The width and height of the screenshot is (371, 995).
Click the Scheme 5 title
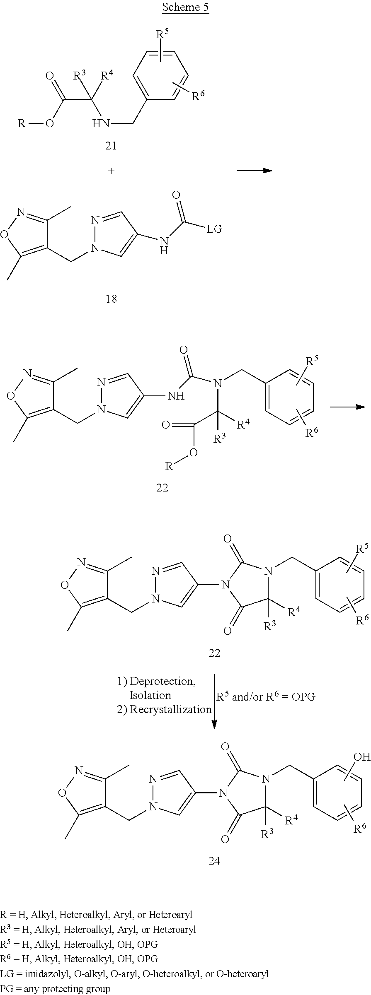pyautogui.click(x=185, y=7)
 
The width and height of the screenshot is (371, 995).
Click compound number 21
pyautogui.click(x=111, y=145)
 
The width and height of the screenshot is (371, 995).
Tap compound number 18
pyautogui.click(x=111, y=299)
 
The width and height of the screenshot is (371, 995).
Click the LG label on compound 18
pyautogui.click(x=214, y=229)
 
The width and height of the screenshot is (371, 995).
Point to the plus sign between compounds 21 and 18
pyautogui.click(x=111, y=171)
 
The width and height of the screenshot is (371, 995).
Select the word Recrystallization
pyautogui.click(x=171, y=709)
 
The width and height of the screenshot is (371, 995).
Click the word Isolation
pyautogui.click(x=150, y=695)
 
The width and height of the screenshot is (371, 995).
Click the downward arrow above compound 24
pyautogui.click(x=214, y=704)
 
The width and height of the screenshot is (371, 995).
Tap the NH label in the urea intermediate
pyautogui.click(x=175, y=396)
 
